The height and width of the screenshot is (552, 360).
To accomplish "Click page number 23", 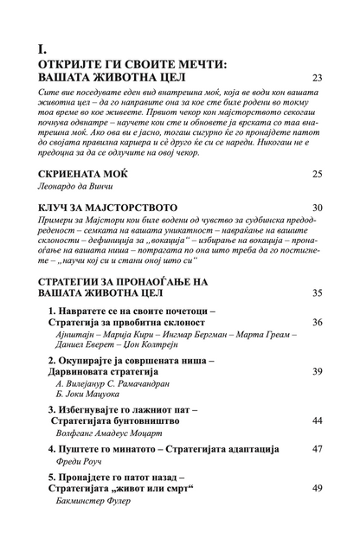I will (x=317, y=79).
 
